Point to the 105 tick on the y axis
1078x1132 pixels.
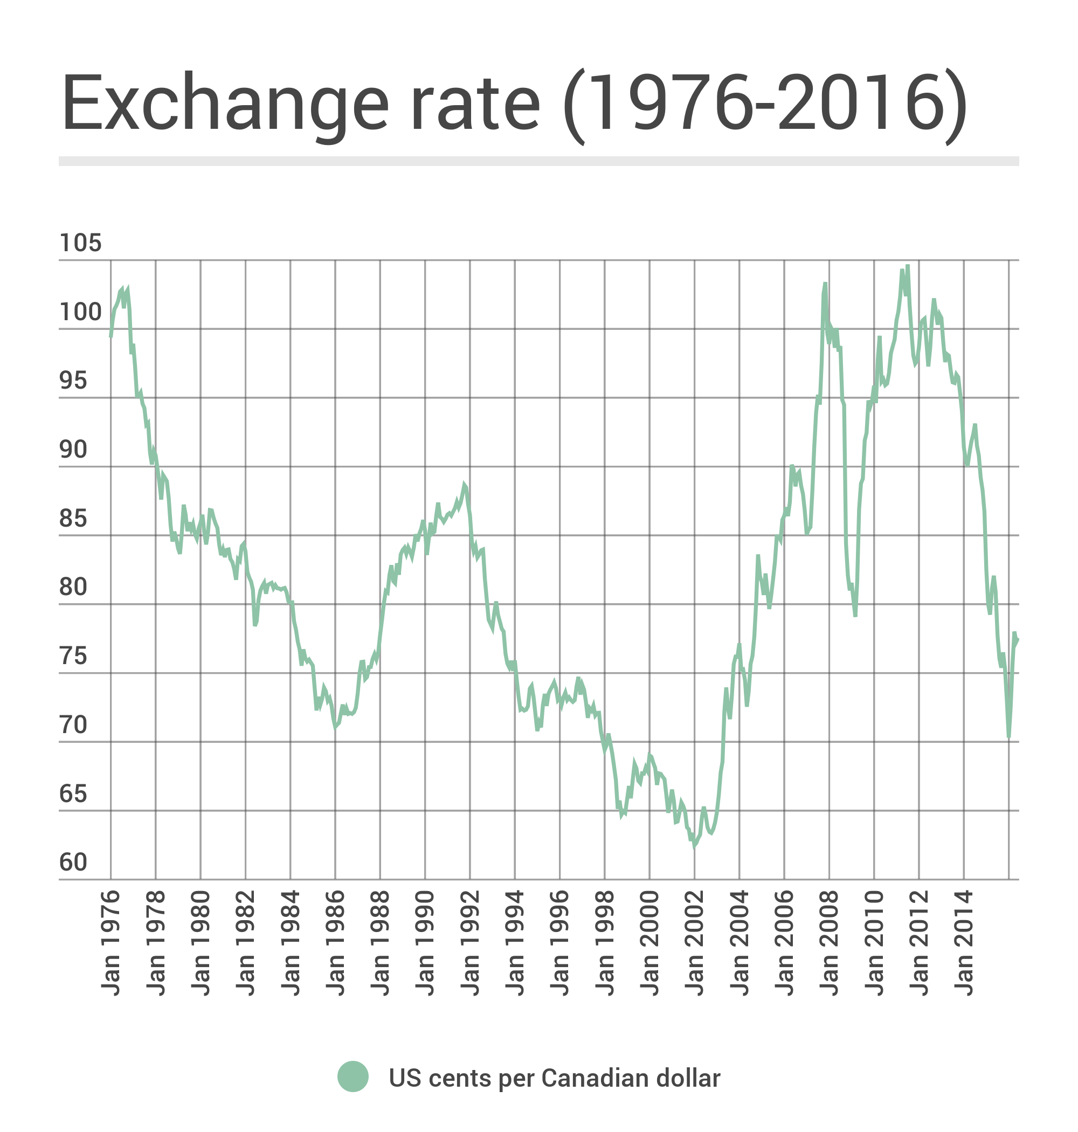[80, 244]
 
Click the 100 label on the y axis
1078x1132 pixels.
[80, 313]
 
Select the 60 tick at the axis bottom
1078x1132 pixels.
[73, 862]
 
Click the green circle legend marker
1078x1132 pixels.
[353, 1076]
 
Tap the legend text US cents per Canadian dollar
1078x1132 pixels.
[554, 1079]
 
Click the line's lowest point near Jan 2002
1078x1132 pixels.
[695, 846]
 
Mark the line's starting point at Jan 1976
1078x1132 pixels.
[111, 336]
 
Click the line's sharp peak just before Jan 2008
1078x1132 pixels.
[825, 284]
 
